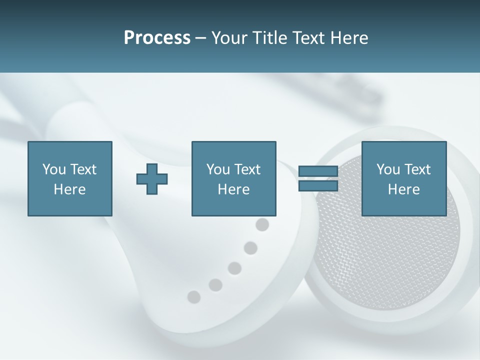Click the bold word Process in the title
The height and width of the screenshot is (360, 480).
(157, 38)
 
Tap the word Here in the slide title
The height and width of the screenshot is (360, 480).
(348, 38)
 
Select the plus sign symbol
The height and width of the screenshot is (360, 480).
(152, 179)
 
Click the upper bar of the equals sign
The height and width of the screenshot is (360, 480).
(318, 171)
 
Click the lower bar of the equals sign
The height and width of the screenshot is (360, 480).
(318, 186)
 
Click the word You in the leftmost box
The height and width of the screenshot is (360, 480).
(53, 169)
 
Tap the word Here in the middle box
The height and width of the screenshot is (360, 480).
(233, 189)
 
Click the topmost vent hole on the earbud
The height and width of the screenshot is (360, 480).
(262, 225)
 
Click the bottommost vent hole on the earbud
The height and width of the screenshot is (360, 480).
(193, 297)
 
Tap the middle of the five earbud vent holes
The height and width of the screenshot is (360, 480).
(234, 268)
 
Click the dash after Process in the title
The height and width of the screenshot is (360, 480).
(200, 38)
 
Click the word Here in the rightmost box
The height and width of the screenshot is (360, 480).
(403, 189)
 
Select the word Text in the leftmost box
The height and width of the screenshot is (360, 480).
(83, 169)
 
